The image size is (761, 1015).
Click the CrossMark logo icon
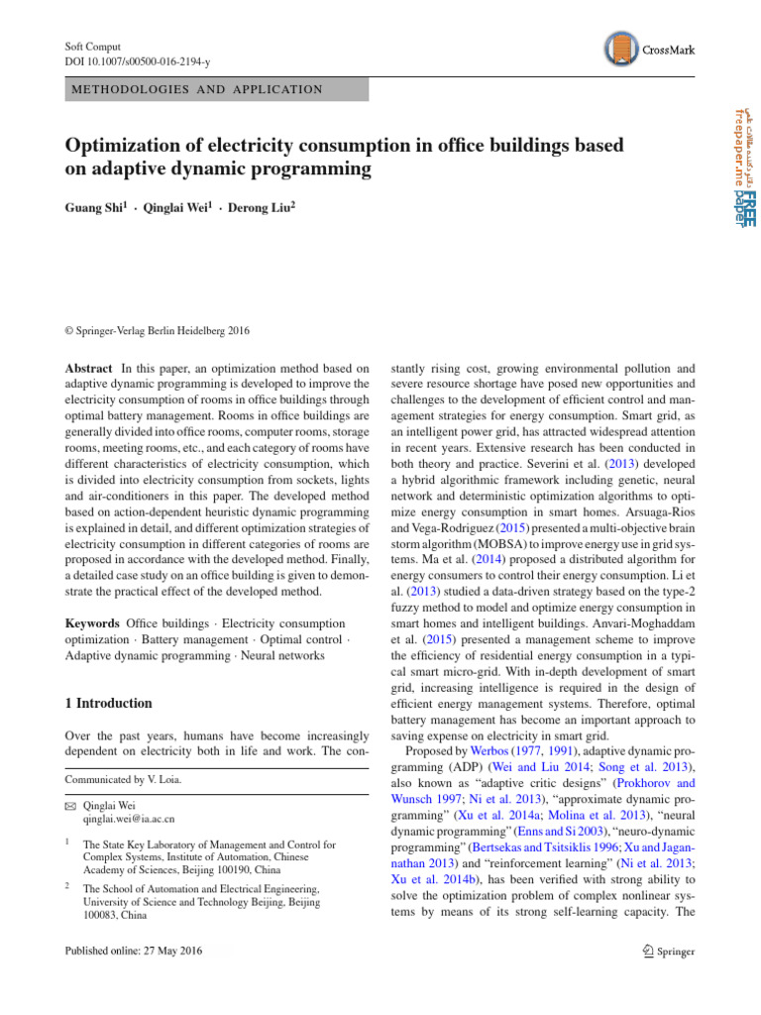click(x=617, y=49)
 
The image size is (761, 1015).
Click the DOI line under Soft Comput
click(x=138, y=62)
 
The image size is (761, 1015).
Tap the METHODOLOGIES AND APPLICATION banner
click(x=194, y=89)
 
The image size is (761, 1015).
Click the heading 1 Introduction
click(x=108, y=703)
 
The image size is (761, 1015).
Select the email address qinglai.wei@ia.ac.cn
click(x=130, y=820)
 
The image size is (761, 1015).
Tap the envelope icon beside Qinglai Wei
click(x=69, y=806)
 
